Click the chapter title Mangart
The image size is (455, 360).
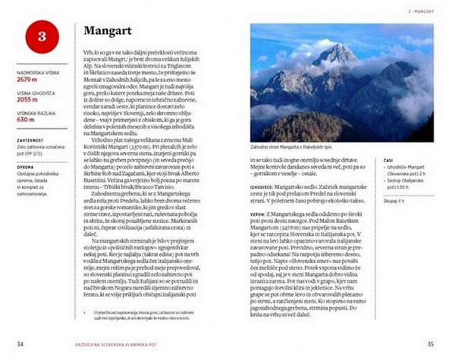tap(111, 33)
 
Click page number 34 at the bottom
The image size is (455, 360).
tap(20, 343)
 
